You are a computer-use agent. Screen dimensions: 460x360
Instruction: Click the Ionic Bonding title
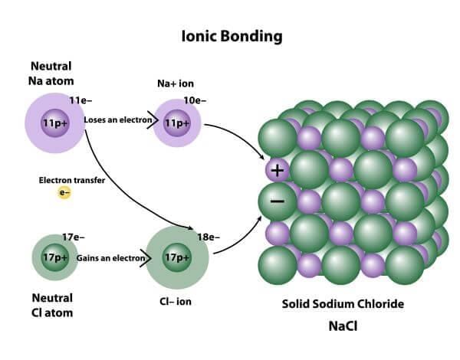pyautogui.click(x=232, y=37)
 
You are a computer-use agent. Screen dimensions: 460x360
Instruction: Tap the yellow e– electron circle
pyautogui.click(x=64, y=192)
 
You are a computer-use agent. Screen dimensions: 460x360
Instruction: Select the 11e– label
pyautogui.click(x=80, y=100)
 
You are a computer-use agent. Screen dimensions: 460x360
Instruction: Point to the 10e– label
pyautogui.click(x=195, y=100)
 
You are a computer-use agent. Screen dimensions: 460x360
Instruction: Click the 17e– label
pyautogui.click(x=74, y=237)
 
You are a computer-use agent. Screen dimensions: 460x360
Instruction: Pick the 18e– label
pyautogui.click(x=209, y=237)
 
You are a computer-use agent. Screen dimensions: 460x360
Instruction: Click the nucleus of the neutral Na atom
pyautogui.click(x=55, y=123)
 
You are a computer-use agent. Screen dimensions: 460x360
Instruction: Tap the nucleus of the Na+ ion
pyautogui.click(x=177, y=123)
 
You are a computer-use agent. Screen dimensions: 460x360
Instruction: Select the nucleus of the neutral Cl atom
pyautogui.click(x=55, y=257)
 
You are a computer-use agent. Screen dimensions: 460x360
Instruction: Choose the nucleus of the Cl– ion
pyautogui.click(x=177, y=257)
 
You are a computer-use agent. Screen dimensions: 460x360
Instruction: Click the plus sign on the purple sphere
pyautogui.click(x=278, y=170)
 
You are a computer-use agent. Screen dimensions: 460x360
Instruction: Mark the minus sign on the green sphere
pyautogui.click(x=278, y=201)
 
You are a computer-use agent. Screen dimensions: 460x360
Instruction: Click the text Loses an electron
pyautogui.click(x=118, y=120)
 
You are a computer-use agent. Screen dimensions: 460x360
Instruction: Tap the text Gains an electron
pyautogui.click(x=110, y=258)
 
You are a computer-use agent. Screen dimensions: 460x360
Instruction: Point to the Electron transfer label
pyautogui.click(x=72, y=180)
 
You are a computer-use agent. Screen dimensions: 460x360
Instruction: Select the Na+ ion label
pyautogui.click(x=176, y=83)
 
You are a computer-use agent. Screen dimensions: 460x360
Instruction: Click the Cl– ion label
pyautogui.click(x=176, y=302)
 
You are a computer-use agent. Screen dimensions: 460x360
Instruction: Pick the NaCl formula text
pyautogui.click(x=343, y=326)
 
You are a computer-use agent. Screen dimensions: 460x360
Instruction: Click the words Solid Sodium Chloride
pyautogui.click(x=343, y=304)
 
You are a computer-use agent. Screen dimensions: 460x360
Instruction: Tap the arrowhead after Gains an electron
pyautogui.click(x=146, y=258)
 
